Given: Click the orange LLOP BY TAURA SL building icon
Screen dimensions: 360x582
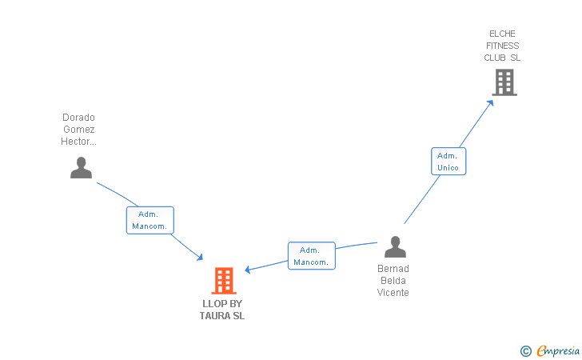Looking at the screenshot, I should [x=224, y=281].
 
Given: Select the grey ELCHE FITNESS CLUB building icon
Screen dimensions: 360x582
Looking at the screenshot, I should [x=504, y=82].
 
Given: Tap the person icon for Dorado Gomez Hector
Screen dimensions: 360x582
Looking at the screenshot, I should [x=81, y=167].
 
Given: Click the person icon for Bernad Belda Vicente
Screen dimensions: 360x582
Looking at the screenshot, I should [x=395, y=246].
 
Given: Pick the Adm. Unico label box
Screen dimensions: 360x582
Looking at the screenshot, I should [x=448, y=161].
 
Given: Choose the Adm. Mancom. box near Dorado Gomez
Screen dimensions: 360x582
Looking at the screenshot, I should [x=149, y=220].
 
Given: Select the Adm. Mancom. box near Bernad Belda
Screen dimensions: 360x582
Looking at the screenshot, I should [x=311, y=256].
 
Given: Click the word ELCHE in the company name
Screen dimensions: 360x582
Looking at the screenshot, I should [x=502, y=34].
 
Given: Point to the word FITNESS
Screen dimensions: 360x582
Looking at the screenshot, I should [x=502, y=46].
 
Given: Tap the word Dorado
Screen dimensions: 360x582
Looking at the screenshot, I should [x=78, y=118].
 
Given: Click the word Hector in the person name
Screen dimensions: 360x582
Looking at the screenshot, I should [x=78, y=142].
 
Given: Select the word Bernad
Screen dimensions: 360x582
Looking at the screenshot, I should [x=393, y=269].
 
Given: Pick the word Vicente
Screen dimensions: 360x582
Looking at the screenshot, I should [x=393, y=293].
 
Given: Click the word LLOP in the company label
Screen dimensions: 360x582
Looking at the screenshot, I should [x=212, y=304].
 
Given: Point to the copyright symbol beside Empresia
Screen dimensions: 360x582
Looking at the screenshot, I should [x=525, y=350].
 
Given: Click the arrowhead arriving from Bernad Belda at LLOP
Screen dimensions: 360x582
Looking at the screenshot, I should [x=248, y=270].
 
